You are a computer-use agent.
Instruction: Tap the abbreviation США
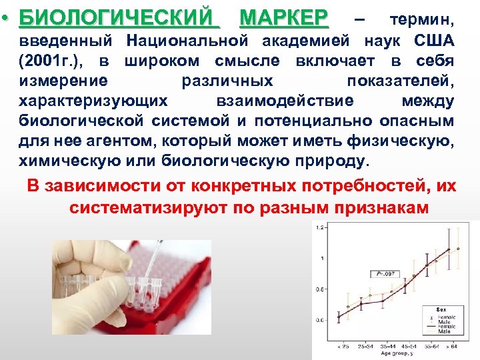(x=436, y=41)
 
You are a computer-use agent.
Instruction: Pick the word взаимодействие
(x=285, y=101)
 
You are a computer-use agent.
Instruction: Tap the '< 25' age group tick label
(x=343, y=347)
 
